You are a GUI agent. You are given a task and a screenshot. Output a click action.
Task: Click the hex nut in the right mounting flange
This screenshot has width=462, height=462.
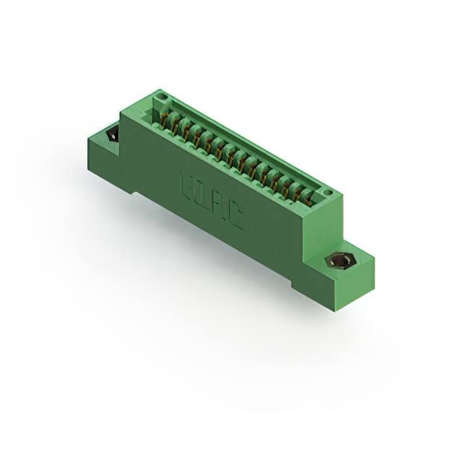click(336, 261)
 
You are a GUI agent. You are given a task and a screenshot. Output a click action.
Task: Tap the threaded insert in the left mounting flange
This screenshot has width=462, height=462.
click(113, 134)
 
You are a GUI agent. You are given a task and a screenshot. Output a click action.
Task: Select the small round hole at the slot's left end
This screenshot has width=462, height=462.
click(162, 97)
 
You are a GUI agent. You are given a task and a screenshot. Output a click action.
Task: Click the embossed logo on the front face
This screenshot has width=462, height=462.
click(211, 203)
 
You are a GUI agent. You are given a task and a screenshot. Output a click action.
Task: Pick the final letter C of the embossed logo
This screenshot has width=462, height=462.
click(235, 219)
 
